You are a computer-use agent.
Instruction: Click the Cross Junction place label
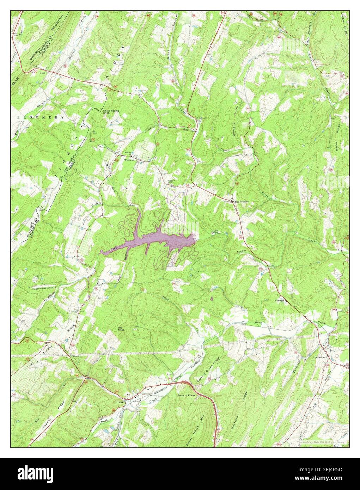coord(241,201)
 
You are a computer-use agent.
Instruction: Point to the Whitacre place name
coord(129,160)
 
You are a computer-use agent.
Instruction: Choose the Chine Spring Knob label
coord(111,112)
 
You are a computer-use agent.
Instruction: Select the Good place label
coord(43,73)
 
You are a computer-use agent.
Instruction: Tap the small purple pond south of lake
coord(211,299)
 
